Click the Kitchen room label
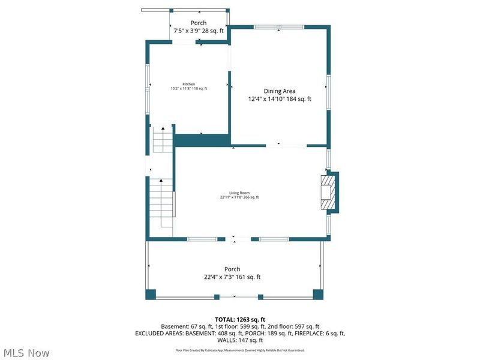189,84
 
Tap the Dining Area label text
280,91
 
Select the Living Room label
239,193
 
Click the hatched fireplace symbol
328,192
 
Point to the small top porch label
199,23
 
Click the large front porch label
232,269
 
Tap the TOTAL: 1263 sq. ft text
240,319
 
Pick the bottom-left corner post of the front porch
151,294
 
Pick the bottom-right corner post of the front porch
318,294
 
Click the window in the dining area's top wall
278,27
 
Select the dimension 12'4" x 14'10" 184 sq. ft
280,99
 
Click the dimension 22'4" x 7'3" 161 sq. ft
232,277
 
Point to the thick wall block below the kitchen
202,140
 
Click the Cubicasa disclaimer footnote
240,350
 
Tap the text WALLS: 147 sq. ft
240,340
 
